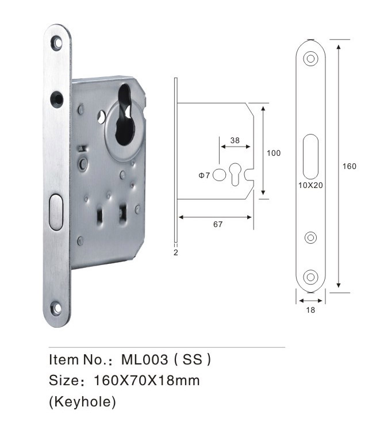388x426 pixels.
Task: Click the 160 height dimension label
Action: pyautogui.click(x=349, y=166)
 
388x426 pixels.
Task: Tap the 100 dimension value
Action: pyautogui.click(x=274, y=153)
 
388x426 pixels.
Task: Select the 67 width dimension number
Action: pyautogui.click(x=218, y=224)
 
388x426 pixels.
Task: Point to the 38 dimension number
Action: pyautogui.click(x=235, y=140)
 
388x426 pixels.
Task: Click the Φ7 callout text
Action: pyautogui.click(x=204, y=175)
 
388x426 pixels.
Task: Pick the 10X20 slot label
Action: pyautogui.click(x=310, y=185)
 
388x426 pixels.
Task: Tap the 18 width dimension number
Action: pyautogui.click(x=310, y=310)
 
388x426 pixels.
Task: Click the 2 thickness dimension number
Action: pyautogui.click(x=175, y=252)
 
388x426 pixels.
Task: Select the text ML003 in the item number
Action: pyautogui.click(x=144, y=359)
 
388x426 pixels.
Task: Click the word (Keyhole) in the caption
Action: pyautogui.click(x=82, y=401)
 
